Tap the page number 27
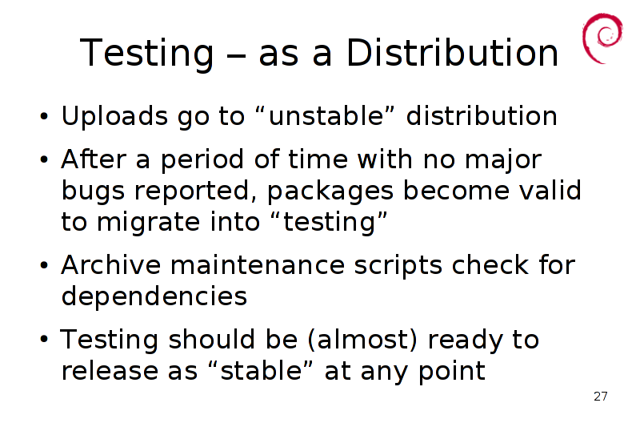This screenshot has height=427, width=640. tap(601, 397)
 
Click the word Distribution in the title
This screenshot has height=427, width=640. tap(452, 52)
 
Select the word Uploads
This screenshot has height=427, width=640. tap(114, 117)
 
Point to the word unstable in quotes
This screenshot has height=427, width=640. tap(326, 116)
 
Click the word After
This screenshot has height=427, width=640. tap(94, 159)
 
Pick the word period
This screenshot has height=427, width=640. tap(202, 160)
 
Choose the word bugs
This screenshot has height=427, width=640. tap(93, 191)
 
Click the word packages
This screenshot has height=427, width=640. tap(330, 191)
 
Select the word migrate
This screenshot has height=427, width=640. tap(149, 223)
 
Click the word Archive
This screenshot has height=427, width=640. tap(111, 265)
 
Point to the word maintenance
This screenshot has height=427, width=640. tap(258, 266)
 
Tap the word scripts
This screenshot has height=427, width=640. tap(398, 267)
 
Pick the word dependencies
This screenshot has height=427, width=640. tap(154, 297)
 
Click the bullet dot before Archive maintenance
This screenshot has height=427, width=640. tap(44, 266)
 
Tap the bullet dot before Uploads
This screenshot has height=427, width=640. tap(44, 117)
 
